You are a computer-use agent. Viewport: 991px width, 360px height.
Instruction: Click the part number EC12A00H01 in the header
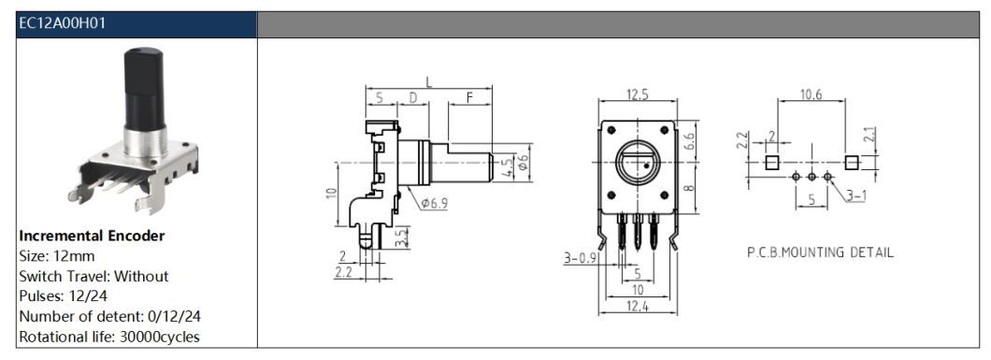point(62,24)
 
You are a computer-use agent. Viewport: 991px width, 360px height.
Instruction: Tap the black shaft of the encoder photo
point(144,89)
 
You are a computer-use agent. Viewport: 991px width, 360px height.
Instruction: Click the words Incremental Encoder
point(93,237)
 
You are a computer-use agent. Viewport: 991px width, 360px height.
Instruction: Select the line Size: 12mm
point(57,256)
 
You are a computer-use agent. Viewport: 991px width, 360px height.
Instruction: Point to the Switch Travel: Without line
point(94,277)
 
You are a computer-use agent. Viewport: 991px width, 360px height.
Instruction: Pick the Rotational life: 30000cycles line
point(109,338)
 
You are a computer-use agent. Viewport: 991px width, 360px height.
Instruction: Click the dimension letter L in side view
point(428,82)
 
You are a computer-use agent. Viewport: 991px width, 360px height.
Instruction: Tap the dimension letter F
point(469,98)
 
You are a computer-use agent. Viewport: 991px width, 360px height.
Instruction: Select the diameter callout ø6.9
point(434,203)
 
